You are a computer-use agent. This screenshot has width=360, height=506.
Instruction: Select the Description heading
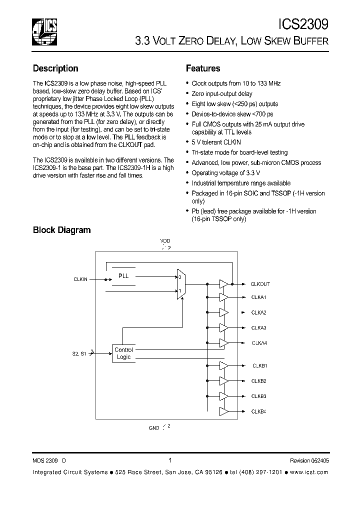55,68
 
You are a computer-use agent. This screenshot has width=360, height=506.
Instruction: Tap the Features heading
203,68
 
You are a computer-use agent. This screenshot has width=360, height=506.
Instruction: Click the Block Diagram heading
61,230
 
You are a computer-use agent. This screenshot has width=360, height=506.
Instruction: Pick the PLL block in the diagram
123,276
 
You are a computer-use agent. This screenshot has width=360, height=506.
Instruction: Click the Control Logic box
123,353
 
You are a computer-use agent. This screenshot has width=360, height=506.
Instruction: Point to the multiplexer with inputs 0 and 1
180,283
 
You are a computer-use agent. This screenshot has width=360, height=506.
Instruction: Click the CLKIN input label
80,280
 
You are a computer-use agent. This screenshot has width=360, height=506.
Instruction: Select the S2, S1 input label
79,353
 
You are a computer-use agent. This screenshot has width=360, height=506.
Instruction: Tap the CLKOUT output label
260,284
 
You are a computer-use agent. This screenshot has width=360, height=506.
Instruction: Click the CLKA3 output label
258,328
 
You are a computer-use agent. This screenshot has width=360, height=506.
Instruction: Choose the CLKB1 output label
258,366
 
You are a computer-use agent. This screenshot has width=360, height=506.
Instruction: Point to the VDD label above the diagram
165,241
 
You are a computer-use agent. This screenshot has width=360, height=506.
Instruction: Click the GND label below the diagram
154,428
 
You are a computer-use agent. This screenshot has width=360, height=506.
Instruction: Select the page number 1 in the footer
170,460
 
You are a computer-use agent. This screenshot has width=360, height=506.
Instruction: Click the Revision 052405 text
309,461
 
